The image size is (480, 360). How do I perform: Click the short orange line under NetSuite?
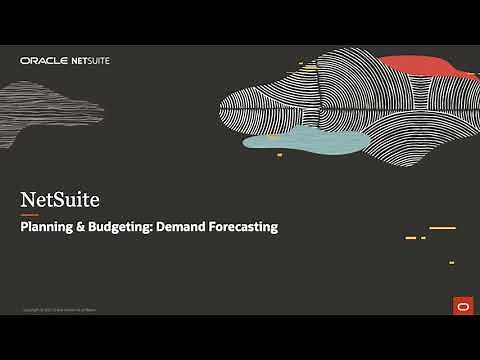[30, 215]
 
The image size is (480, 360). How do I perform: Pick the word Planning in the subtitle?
[47, 227]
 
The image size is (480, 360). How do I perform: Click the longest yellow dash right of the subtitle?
[442, 228]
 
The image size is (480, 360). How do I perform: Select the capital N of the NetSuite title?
[28, 199]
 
